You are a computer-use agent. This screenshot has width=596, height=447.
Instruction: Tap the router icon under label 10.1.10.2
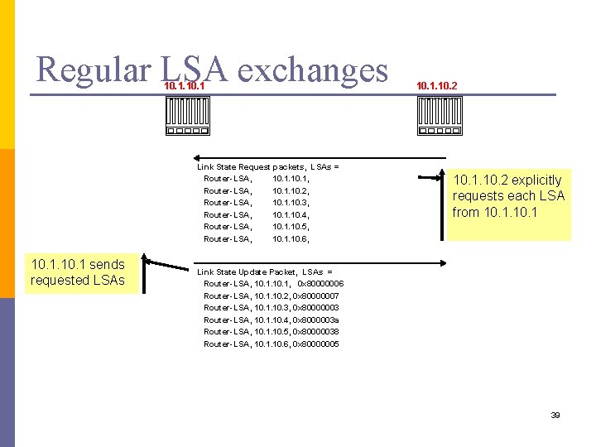(439, 115)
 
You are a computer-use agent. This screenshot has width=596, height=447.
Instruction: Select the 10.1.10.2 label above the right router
(436, 85)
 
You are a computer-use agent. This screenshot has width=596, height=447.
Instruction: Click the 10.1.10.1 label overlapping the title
(185, 85)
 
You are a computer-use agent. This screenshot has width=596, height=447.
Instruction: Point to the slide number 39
(555, 415)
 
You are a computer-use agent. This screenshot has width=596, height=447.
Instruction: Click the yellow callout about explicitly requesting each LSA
(508, 196)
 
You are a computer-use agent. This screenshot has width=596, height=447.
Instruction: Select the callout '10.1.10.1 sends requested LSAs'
(78, 272)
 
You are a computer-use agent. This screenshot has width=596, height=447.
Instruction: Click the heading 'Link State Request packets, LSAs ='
(267, 166)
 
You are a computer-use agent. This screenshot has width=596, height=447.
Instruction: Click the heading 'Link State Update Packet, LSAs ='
(264, 272)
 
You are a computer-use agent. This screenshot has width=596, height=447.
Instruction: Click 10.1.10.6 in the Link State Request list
(291, 239)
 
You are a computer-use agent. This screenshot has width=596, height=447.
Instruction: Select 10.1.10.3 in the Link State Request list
(291, 203)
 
